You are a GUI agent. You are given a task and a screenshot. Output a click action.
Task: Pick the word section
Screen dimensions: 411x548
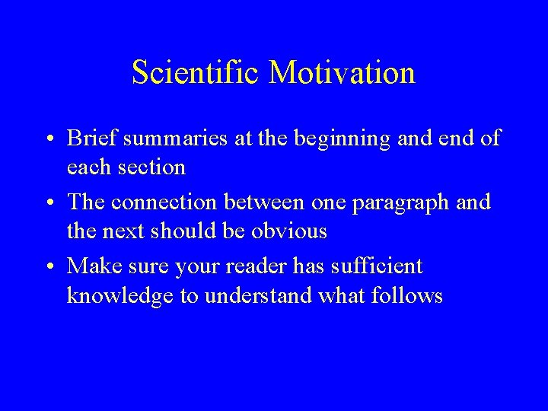point(151,167)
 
